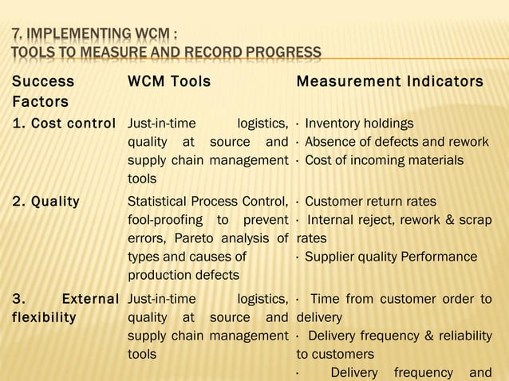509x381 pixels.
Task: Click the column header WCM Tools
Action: [x=169, y=81]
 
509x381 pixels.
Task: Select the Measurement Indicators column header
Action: [x=389, y=81]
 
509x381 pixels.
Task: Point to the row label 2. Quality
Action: [x=45, y=201]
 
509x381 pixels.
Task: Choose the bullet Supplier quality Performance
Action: [x=391, y=257]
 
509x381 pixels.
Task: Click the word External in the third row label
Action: [x=90, y=299]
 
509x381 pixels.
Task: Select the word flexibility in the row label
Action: [x=44, y=317]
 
